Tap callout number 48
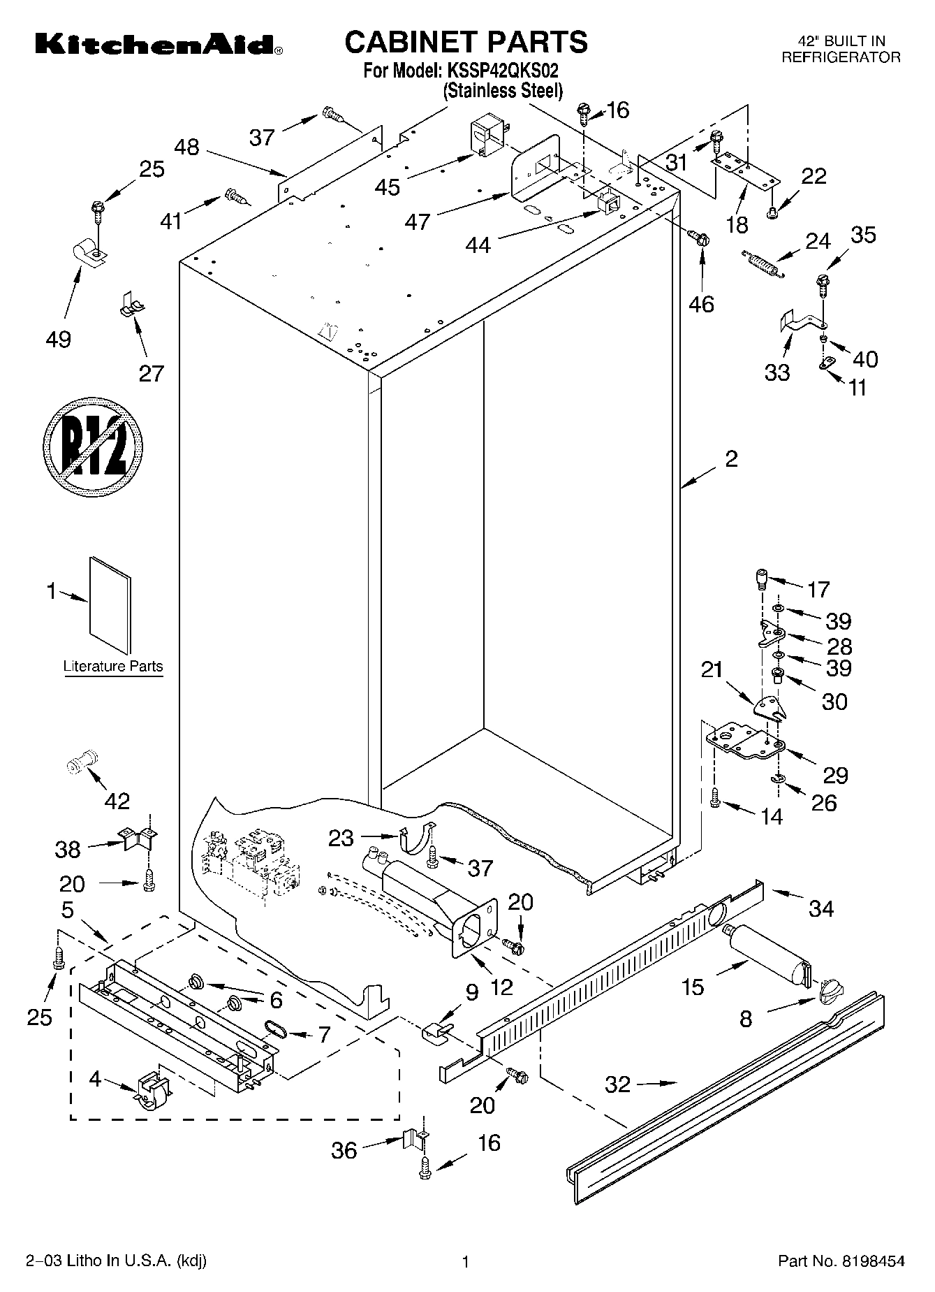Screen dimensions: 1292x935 [186, 147]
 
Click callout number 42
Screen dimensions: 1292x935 [117, 801]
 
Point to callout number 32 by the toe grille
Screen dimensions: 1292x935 [617, 1084]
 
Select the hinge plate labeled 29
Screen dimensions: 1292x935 [744, 743]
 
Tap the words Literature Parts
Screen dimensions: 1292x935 [113, 666]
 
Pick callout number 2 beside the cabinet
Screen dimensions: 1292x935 [731, 460]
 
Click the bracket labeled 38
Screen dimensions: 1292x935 [138, 837]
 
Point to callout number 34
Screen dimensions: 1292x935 [821, 908]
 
